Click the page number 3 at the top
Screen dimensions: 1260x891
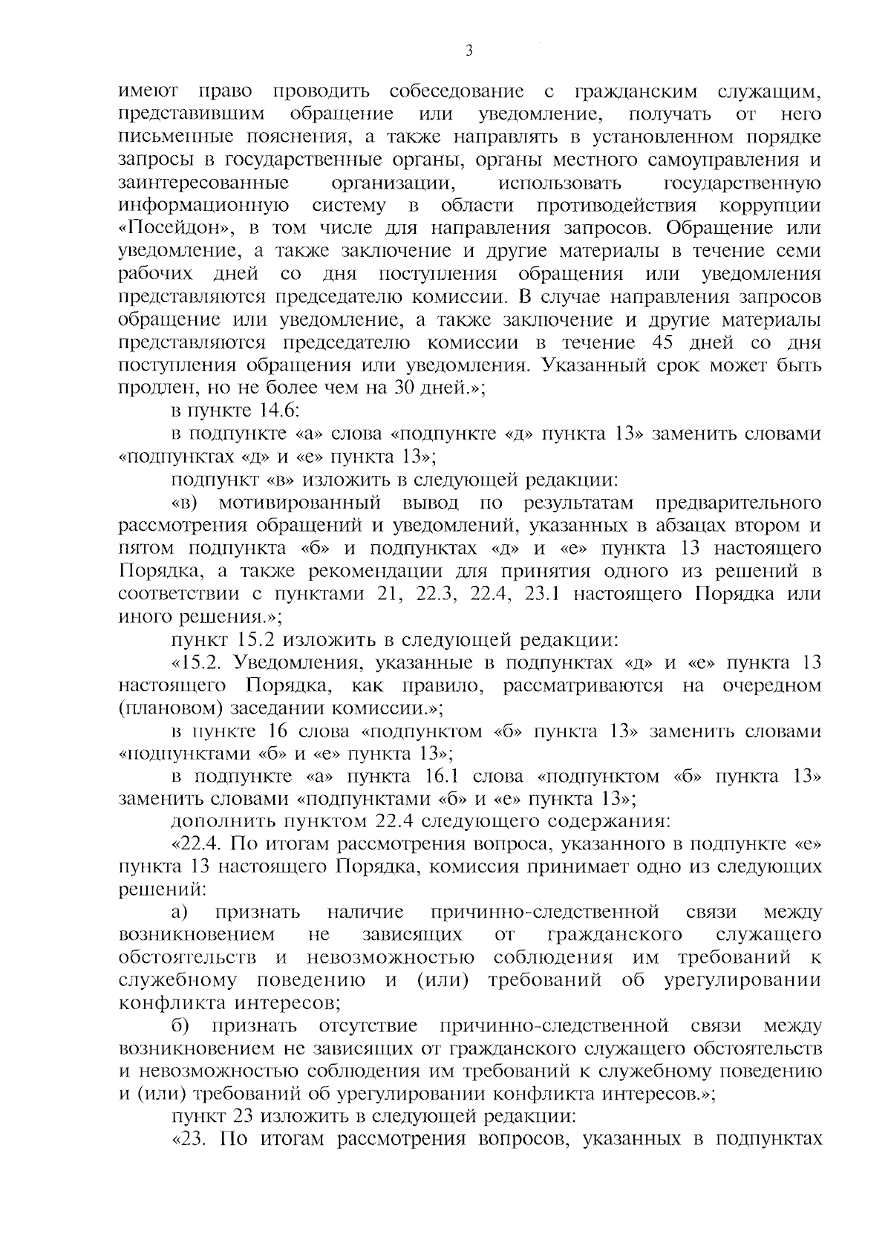468,51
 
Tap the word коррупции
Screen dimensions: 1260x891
770,206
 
